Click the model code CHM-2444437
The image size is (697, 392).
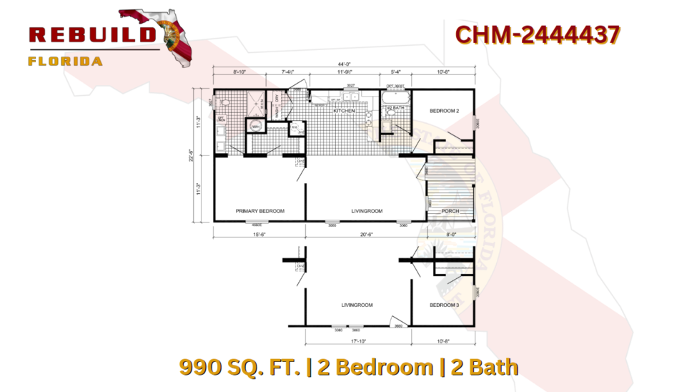pyautogui.click(x=538, y=34)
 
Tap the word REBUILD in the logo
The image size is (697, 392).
pyautogui.click(x=93, y=34)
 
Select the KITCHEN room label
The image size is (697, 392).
pyautogui.click(x=344, y=111)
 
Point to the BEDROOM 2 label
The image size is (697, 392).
pyautogui.click(x=444, y=111)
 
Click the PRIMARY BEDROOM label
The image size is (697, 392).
pyautogui.click(x=260, y=211)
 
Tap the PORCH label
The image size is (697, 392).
pyautogui.click(x=450, y=211)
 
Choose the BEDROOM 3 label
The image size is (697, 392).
pyautogui.click(x=444, y=305)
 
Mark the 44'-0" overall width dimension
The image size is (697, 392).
pyautogui.click(x=344, y=64)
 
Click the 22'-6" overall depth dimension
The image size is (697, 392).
pyautogui.click(x=190, y=155)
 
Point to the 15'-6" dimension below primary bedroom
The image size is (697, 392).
pyautogui.click(x=259, y=235)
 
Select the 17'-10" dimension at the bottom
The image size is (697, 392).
pyautogui.click(x=357, y=340)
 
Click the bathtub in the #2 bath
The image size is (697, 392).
pyautogui.click(x=395, y=95)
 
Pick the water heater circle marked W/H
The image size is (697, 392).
pyautogui.click(x=255, y=127)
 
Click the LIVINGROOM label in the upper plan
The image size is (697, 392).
pyautogui.click(x=367, y=211)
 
